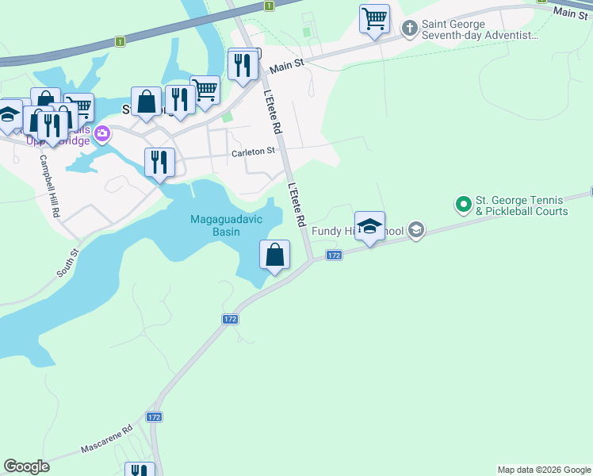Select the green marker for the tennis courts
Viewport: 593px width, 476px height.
pos(463,205)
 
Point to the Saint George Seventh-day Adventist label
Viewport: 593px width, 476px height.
pos(480,30)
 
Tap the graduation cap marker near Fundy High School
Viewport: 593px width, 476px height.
pos(369,227)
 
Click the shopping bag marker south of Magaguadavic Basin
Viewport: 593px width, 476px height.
pos(274,255)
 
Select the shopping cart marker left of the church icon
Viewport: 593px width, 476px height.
pos(374,17)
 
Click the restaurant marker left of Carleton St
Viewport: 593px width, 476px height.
pos(159,163)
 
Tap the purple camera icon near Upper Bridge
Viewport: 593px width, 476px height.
pos(101,134)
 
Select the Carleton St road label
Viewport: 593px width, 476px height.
pos(253,151)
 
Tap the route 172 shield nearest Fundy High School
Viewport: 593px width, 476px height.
pos(334,255)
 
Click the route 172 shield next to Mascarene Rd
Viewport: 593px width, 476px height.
pos(154,417)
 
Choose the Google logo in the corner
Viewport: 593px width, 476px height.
pos(27,466)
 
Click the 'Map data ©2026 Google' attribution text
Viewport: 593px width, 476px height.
pos(544,470)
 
